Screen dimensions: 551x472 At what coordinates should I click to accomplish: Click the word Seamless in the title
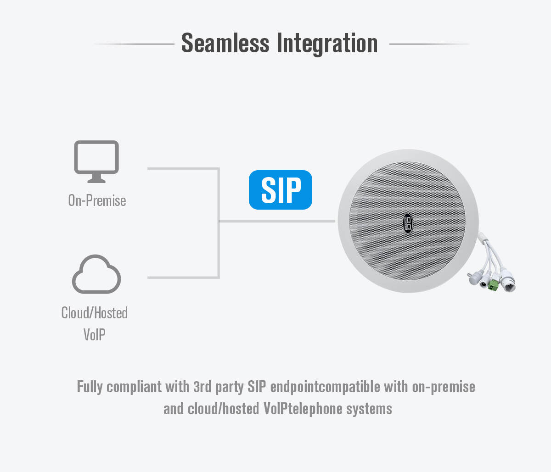point(225,43)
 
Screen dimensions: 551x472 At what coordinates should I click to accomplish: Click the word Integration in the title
point(327,44)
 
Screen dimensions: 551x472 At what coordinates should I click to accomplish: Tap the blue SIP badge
point(281,190)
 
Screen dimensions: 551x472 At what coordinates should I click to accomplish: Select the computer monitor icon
point(96,161)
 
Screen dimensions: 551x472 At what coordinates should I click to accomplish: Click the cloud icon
point(96,274)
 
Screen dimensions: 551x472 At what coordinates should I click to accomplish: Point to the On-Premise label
point(97,200)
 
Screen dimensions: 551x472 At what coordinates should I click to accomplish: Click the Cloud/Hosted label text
point(95,313)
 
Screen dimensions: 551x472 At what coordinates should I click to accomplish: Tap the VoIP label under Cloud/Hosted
point(95,334)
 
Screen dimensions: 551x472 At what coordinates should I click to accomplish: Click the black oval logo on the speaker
point(408,223)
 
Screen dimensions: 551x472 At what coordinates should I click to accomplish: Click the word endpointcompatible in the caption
point(325,387)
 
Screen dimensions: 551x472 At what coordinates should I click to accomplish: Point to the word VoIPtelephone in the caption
point(303,409)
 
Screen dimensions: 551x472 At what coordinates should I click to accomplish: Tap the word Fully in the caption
point(90,387)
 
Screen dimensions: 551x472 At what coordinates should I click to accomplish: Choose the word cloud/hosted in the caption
point(224,409)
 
